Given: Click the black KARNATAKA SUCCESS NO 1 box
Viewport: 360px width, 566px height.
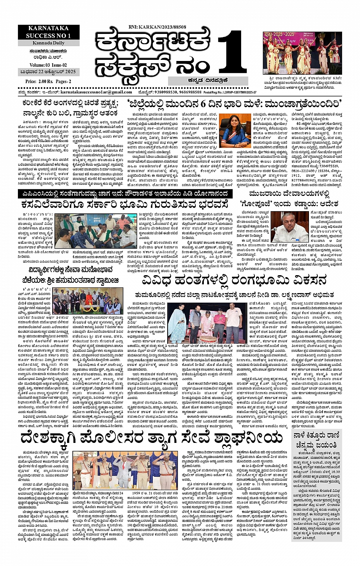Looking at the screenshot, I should pyautogui.click(x=48, y=32).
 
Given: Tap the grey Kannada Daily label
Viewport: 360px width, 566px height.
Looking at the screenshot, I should pyautogui.click(x=48, y=43).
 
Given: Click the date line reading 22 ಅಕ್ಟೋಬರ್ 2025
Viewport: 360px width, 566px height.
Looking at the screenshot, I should pyautogui.click(x=48, y=72).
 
